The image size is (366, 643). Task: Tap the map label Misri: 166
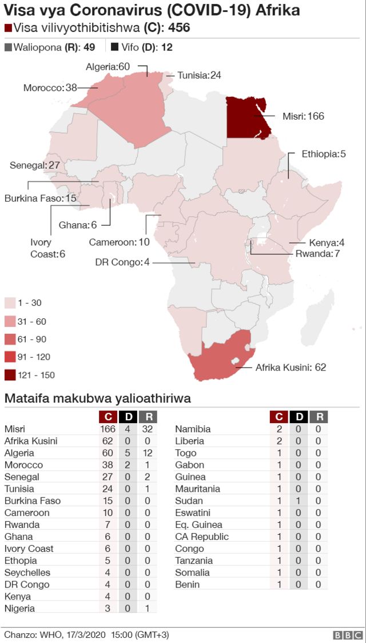pos(303,116)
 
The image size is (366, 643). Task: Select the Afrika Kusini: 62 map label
pos(291,367)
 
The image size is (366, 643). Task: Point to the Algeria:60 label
pos(108,67)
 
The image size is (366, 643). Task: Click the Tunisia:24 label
pos(199,75)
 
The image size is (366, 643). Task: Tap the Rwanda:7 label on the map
pos(317,253)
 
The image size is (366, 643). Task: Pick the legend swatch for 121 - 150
pos(10,375)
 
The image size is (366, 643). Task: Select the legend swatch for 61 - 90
pos(10,339)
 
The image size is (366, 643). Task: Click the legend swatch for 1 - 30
pos(10,303)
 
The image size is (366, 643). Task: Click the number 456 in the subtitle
pos(179,28)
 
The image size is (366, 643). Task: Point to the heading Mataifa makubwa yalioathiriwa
pos(97,398)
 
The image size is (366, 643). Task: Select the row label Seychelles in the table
pos(27,573)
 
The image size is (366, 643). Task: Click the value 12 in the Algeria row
pos(148,453)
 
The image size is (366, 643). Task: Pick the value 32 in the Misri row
pos(148,429)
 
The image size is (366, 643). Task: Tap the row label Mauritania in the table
pos(197,489)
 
